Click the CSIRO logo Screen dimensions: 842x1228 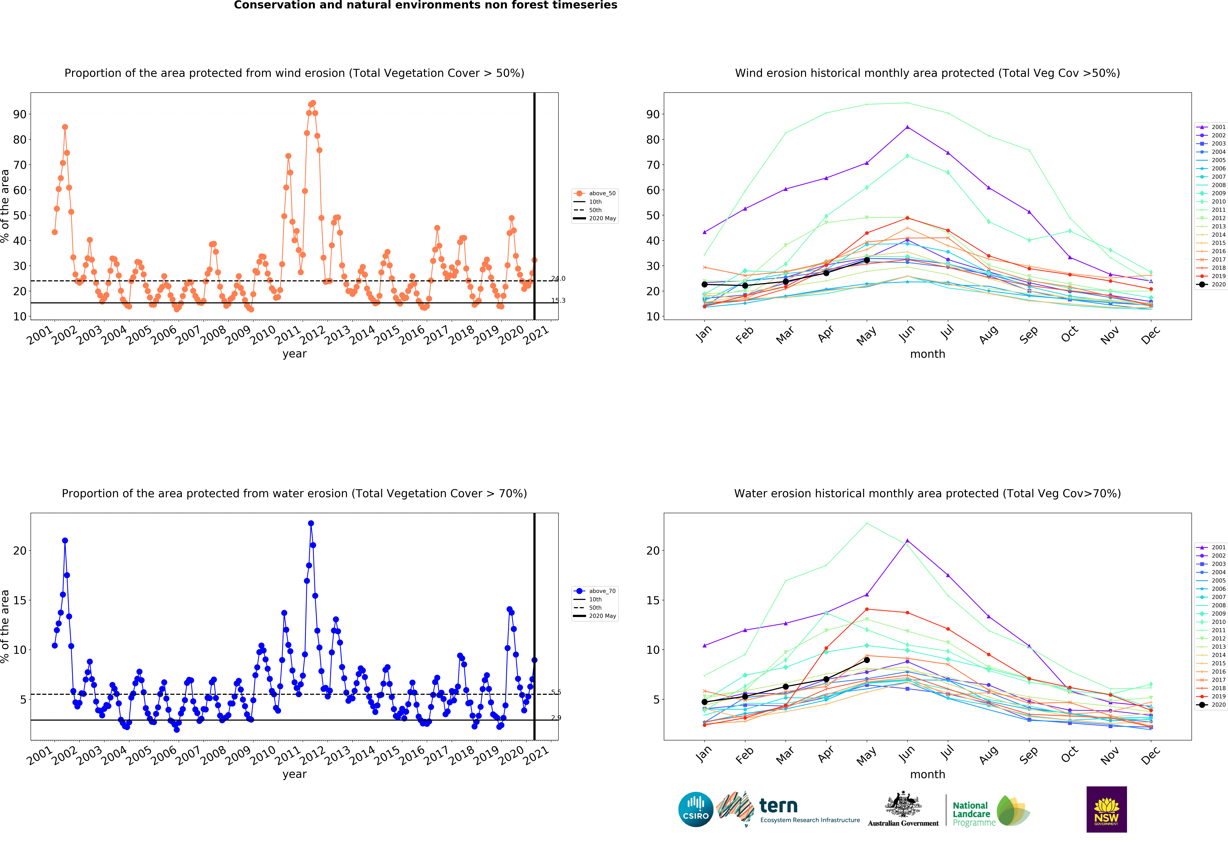(695, 809)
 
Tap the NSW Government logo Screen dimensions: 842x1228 (1107, 809)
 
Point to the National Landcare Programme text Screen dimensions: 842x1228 (971, 814)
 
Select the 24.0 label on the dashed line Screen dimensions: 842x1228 (558, 279)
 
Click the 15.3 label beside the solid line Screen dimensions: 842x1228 (558, 301)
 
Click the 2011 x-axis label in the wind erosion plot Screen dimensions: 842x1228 (288, 335)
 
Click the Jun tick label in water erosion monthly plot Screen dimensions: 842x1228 (907, 755)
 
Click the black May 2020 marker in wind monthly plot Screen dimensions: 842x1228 (867, 260)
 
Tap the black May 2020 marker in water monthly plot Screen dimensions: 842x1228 (867, 660)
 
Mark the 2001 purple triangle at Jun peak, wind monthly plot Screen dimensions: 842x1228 (907, 127)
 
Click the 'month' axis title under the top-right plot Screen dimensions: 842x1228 (927, 354)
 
